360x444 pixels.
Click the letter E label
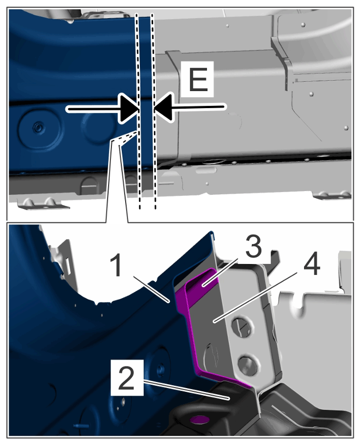tap(198, 79)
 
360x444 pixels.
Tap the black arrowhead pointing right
tap(129, 109)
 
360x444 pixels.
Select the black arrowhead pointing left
tap(164, 107)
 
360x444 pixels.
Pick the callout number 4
tap(312, 265)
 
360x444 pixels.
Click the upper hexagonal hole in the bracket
tap(240, 326)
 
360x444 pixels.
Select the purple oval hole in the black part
tap(199, 419)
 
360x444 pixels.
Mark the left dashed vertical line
tap(138, 110)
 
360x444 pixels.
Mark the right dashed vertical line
tap(154, 110)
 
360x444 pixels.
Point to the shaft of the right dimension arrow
tap(198, 107)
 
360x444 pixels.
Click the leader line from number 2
tap(187, 390)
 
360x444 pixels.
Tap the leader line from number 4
tap(256, 296)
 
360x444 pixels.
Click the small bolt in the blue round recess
tap(37, 128)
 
